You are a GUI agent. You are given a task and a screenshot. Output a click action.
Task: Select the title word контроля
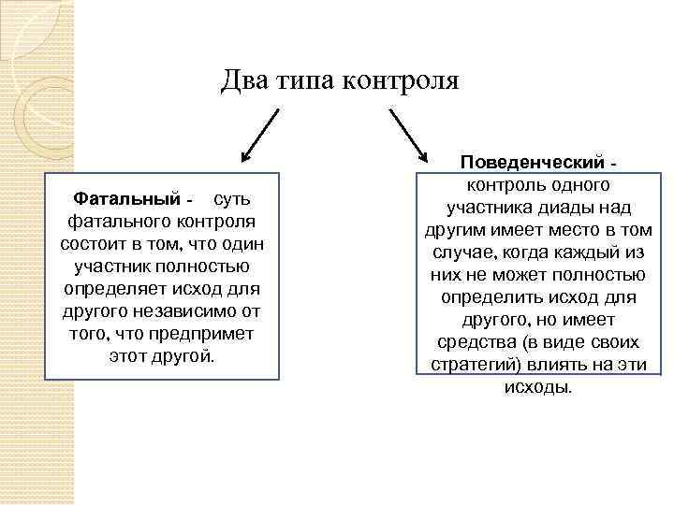(403, 81)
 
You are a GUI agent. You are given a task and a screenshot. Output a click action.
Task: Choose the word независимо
(179, 311)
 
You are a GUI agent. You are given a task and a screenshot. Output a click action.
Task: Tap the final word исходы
(537, 386)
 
